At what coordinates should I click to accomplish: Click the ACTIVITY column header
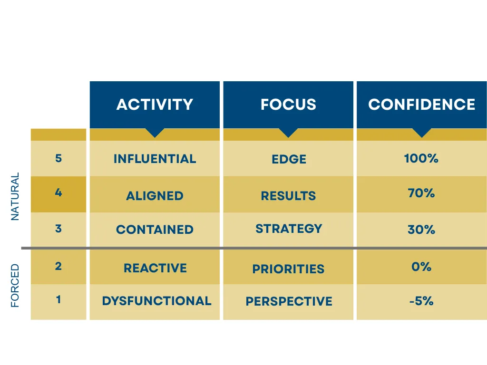[x=155, y=104]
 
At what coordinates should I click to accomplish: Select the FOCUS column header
[x=288, y=104]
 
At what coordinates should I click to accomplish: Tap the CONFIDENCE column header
[x=421, y=104]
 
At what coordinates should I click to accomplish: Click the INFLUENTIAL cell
[x=155, y=159]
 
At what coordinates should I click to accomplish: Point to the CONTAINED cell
[x=155, y=230]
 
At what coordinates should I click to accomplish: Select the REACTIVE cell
[x=155, y=268]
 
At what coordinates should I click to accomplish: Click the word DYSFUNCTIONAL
[x=156, y=301]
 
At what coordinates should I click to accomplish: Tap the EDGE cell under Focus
[x=289, y=159]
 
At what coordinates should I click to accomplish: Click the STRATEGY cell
[x=289, y=229]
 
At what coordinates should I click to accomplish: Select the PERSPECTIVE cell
[x=289, y=301]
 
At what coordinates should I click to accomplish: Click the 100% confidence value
[x=421, y=158]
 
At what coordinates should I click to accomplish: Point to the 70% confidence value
[x=421, y=193]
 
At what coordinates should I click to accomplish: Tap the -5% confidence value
[x=421, y=301]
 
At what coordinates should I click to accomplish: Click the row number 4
[x=58, y=192]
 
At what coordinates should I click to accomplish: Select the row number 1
[x=58, y=299]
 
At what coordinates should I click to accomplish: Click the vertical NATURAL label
[x=15, y=196]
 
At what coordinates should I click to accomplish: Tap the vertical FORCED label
[x=15, y=286]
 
